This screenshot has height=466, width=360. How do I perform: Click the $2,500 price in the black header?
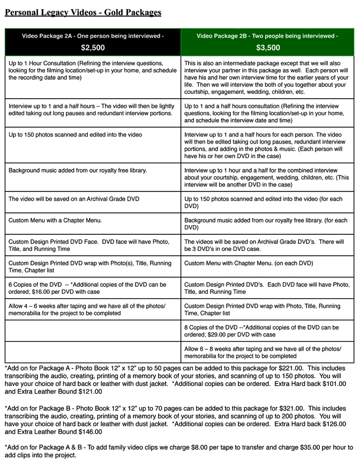pos(93,48)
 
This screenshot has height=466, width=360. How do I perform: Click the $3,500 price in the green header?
pos(268,48)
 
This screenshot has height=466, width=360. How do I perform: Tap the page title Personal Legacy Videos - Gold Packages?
pos(83,12)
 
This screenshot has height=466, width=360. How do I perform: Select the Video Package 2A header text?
pos(93,36)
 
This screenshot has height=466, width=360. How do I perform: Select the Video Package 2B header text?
pos(267,36)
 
